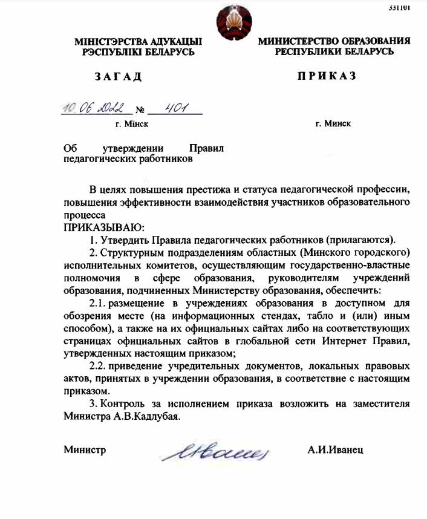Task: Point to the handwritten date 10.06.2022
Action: click(x=97, y=109)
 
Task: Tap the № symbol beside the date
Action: click(x=140, y=111)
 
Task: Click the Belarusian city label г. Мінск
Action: click(x=132, y=124)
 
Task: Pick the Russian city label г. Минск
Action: click(x=333, y=123)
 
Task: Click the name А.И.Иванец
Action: click(x=335, y=450)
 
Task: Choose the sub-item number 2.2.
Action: click(x=99, y=367)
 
